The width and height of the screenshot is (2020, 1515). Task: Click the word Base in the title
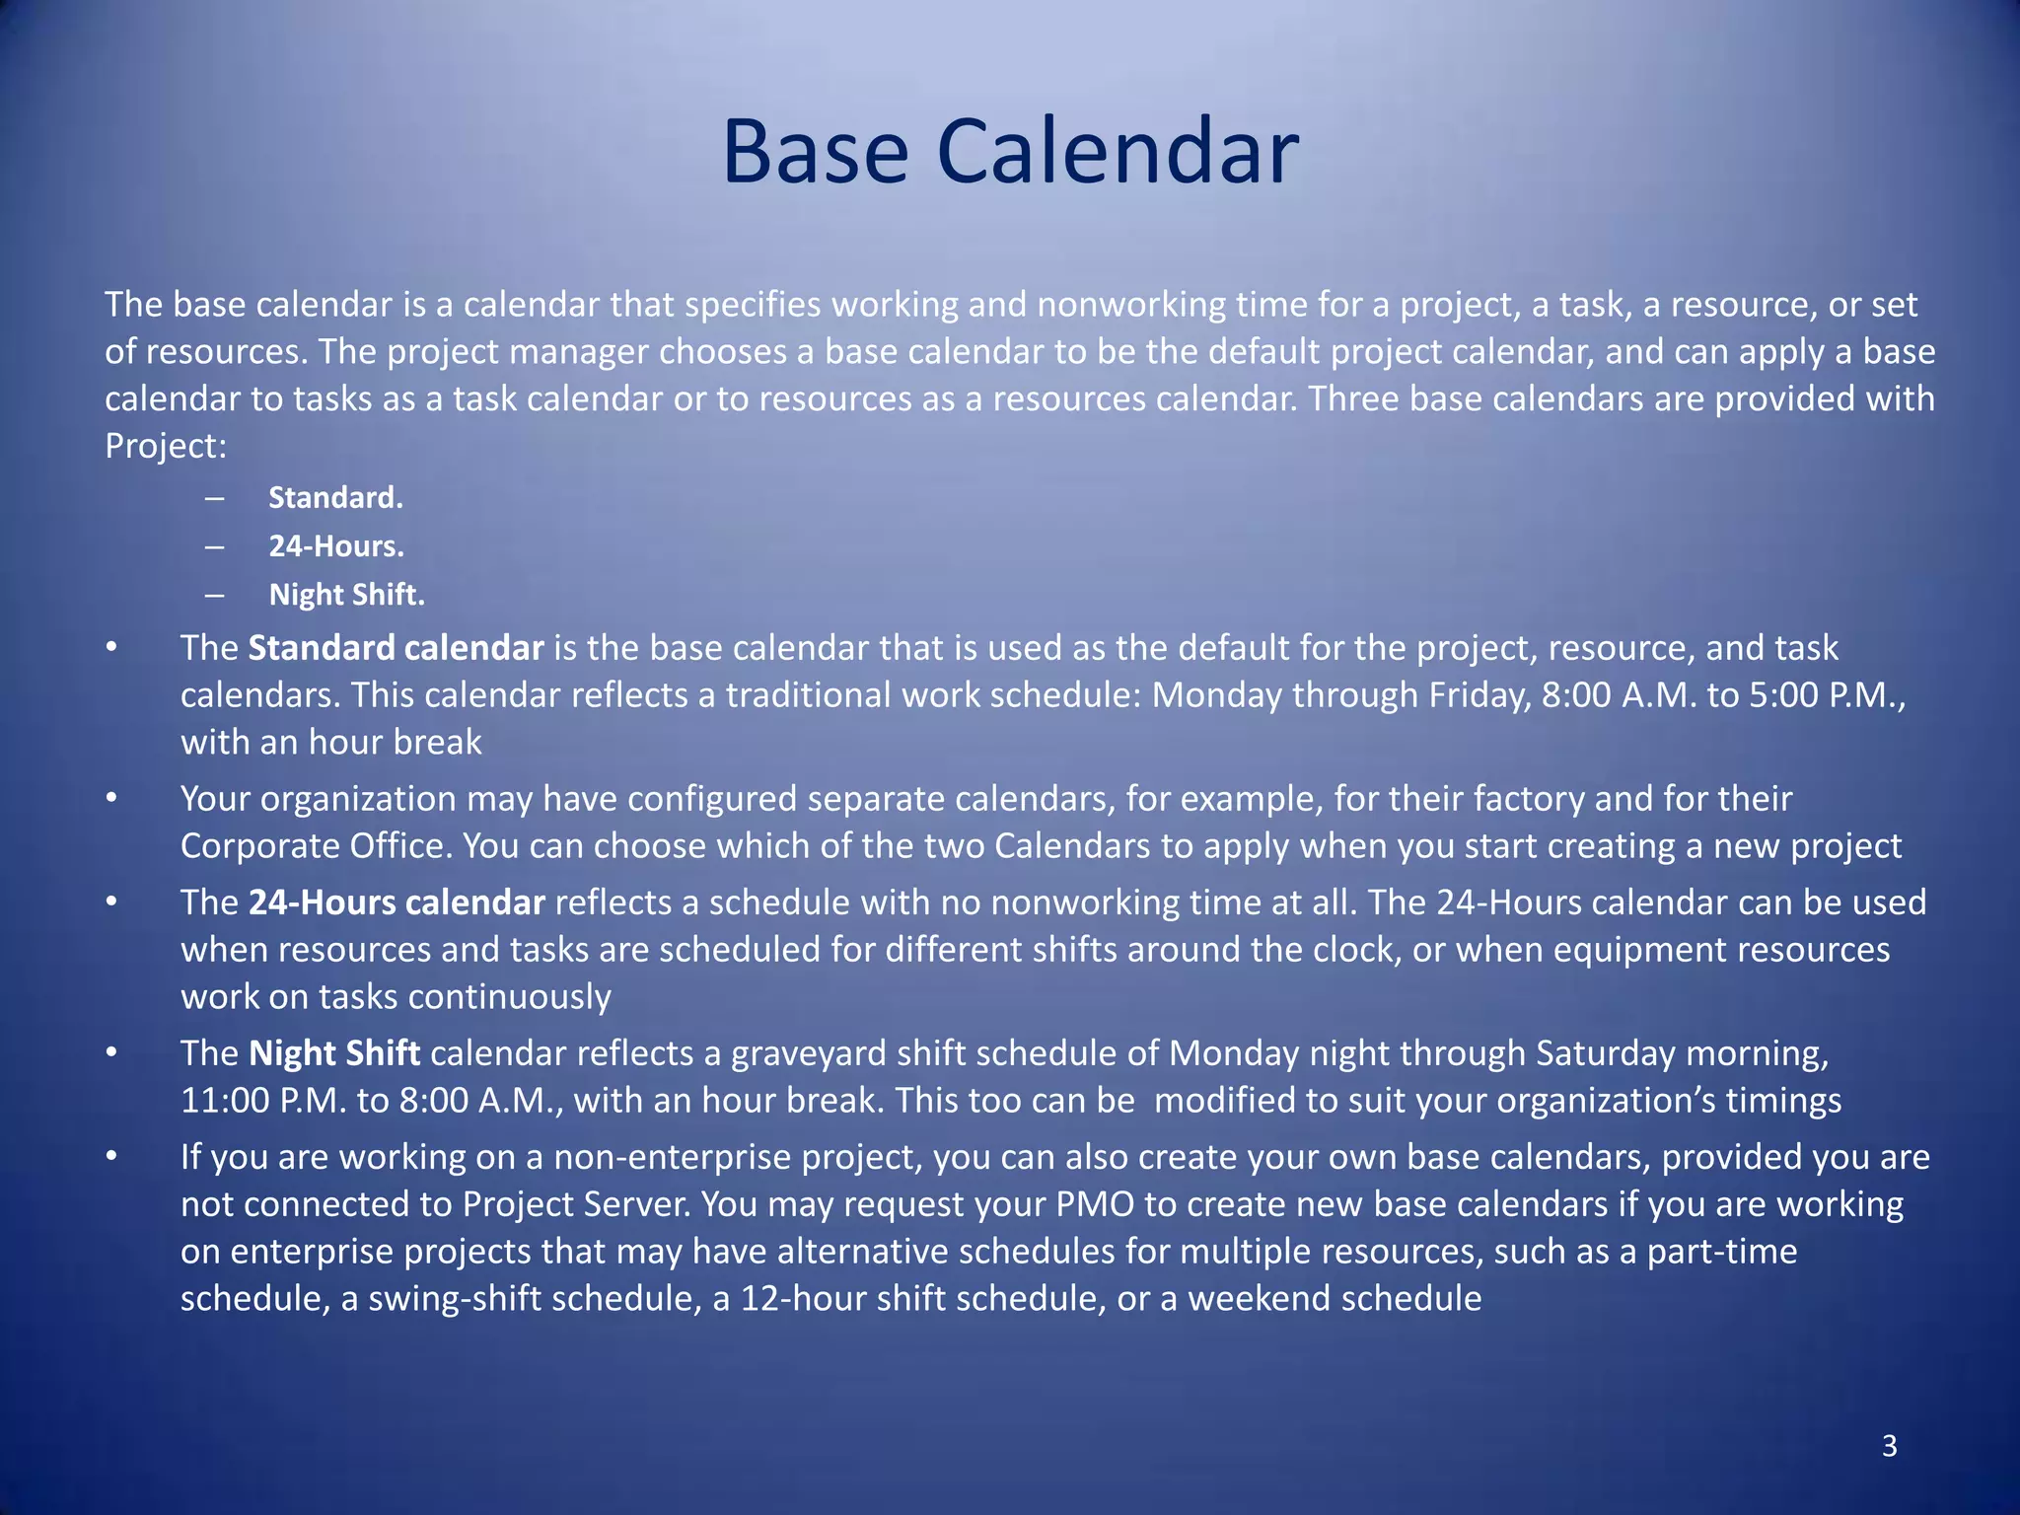[815, 153]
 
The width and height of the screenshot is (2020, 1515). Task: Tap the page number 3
[1889, 1446]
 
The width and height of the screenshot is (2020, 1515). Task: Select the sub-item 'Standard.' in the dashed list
[335, 497]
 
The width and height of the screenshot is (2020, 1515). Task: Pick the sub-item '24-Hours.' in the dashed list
[336, 545]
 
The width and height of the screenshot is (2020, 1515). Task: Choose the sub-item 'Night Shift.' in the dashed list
[346, 595]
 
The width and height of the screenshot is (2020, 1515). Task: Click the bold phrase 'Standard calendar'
[396, 648]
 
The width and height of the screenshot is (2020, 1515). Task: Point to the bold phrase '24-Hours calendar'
[397, 902]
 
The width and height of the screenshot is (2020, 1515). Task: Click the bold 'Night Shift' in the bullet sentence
[334, 1053]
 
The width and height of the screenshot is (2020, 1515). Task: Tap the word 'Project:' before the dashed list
[166, 446]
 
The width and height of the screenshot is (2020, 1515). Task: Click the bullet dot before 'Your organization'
[112, 798]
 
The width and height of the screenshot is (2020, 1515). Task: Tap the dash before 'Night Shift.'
[215, 595]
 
